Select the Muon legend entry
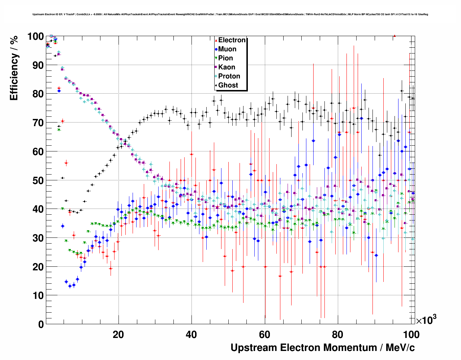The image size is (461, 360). pyautogui.click(x=227, y=49)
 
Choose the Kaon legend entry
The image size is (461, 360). pyautogui.click(x=227, y=67)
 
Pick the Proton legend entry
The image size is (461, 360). pyautogui.click(x=229, y=76)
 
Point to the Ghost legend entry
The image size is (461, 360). pyautogui.click(x=228, y=85)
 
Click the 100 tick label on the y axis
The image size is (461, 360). pyautogui.click(x=35, y=36)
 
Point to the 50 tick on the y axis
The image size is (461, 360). pyautogui.click(x=38, y=180)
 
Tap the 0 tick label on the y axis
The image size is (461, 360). pyautogui.click(x=41, y=324)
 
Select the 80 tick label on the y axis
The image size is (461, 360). pyautogui.click(x=38, y=94)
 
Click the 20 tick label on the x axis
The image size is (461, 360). pyautogui.click(x=118, y=335)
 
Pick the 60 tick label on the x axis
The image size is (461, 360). pyautogui.click(x=264, y=335)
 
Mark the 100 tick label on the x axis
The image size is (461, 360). pyautogui.click(x=411, y=335)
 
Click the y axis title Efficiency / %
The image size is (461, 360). pyautogui.click(x=14, y=68)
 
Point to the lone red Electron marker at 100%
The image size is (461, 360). pyautogui.click(x=395, y=36)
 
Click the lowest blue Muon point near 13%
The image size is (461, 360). pyautogui.click(x=70, y=286)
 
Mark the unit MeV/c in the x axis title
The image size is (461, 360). pyautogui.click(x=400, y=348)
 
